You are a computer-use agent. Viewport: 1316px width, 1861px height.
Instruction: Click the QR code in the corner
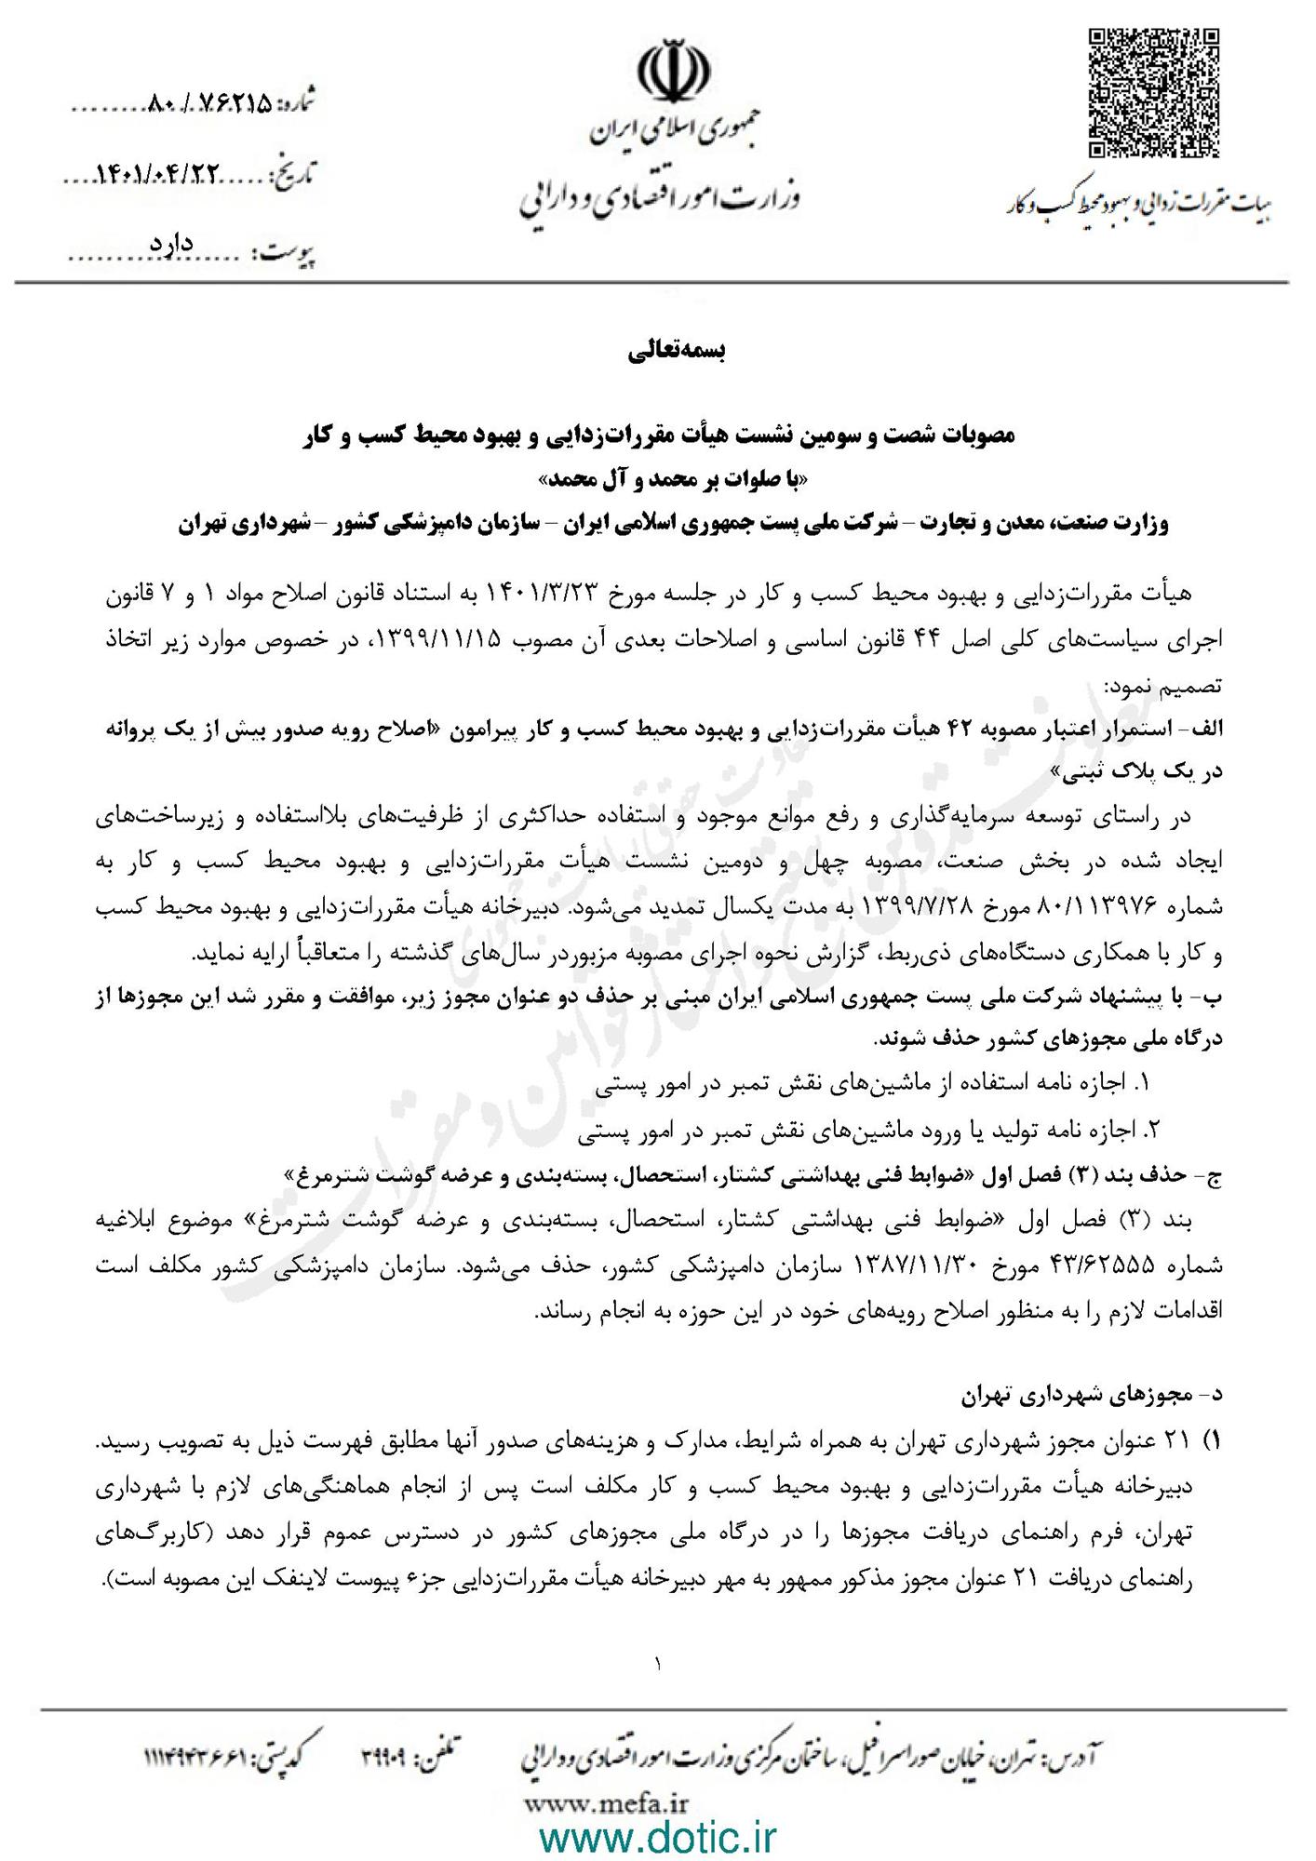[x=1154, y=93]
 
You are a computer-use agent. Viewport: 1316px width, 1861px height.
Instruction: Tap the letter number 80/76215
[x=210, y=105]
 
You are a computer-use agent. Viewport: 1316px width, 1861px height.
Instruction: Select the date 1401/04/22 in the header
[x=159, y=174]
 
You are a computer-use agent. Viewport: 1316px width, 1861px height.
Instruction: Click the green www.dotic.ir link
[x=658, y=1835]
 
